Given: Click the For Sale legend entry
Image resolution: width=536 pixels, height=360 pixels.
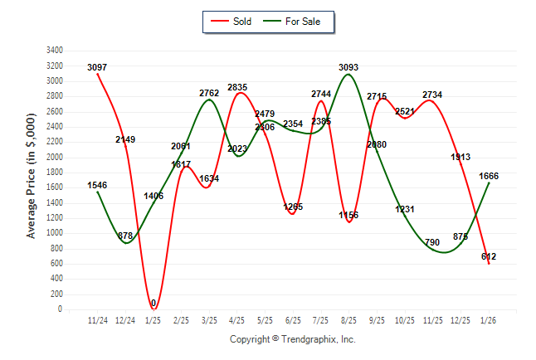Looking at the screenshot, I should [296, 22].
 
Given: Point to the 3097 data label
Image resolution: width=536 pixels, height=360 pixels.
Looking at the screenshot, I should [97, 67].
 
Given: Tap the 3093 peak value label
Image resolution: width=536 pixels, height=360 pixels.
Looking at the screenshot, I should [349, 67].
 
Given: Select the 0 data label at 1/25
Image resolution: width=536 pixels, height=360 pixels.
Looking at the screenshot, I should [153, 304].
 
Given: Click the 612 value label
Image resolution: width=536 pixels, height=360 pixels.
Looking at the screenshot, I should [489, 256].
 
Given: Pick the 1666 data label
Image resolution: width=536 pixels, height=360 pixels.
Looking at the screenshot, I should [489, 176].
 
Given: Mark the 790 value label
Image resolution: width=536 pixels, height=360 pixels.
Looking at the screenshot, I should [432, 242].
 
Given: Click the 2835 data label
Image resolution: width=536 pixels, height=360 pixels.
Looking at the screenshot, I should [237, 87].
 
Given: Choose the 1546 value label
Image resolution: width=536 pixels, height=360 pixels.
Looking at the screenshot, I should [97, 185].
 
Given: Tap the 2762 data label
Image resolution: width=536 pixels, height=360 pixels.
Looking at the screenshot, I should [209, 93].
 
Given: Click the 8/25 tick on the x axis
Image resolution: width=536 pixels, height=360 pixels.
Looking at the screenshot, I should [349, 319].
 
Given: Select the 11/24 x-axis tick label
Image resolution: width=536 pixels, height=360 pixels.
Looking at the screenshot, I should [97, 319].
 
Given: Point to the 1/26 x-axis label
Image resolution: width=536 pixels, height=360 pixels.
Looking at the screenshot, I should [489, 319].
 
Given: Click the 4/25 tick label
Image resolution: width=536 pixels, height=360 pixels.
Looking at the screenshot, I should [237, 319].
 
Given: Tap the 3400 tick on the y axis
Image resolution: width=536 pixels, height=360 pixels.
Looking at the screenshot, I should [56, 51].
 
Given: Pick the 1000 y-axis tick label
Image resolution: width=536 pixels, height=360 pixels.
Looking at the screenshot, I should [56, 233].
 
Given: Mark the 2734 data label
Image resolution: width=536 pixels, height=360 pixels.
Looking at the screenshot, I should [432, 95].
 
